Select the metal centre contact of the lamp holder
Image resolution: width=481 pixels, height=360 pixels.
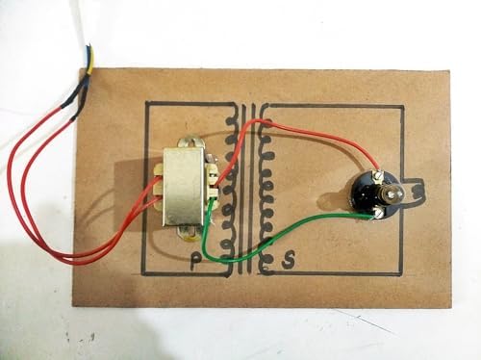393,195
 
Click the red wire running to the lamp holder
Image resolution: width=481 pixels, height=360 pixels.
327,136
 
